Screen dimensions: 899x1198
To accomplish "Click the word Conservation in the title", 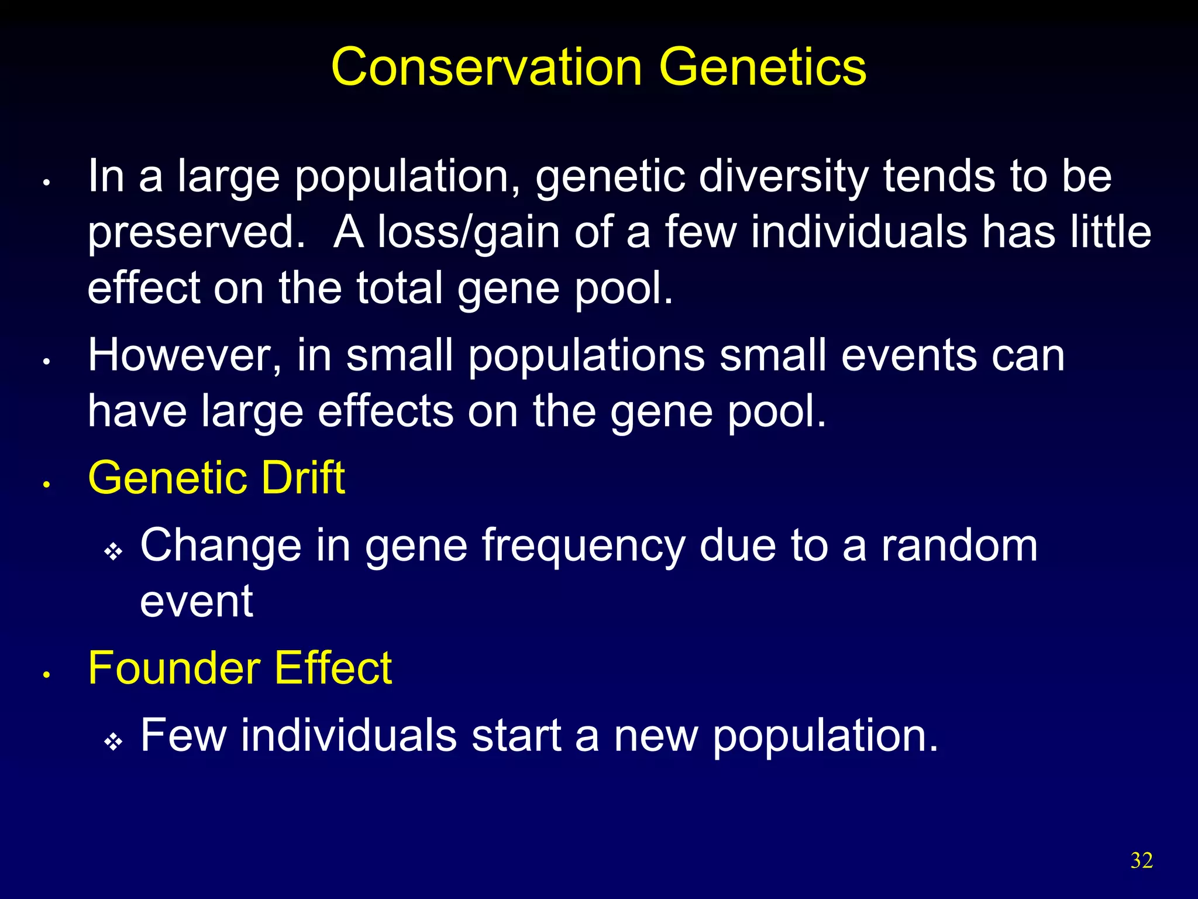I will click(x=486, y=67).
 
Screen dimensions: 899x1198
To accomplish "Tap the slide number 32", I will click(x=1141, y=860).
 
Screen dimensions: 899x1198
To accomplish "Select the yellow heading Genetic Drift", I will click(x=216, y=478).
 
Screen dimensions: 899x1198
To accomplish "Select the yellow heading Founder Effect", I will click(x=240, y=668).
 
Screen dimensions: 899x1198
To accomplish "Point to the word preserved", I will click(x=197, y=233).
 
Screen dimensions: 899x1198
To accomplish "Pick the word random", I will click(x=959, y=545).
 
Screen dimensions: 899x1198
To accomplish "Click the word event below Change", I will click(x=197, y=602).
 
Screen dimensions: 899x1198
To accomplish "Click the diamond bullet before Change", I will click(x=113, y=552).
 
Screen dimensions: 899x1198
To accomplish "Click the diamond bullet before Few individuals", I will click(x=113, y=742).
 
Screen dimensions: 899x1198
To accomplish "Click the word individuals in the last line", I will click(x=349, y=735).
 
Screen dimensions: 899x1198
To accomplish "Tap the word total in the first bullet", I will click(x=400, y=288).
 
